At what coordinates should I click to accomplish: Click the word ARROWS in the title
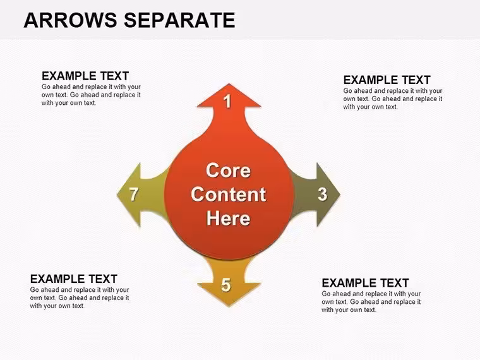click(x=70, y=20)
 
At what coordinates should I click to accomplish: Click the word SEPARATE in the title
click(x=179, y=20)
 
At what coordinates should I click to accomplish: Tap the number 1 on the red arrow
click(x=227, y=101)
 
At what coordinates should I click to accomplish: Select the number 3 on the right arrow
click(x=322, y=194)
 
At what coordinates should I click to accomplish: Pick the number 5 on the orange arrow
click(x=226, y=285)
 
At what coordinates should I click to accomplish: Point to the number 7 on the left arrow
click(x=134, y=194)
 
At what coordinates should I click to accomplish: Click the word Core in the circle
click(x=229, y=170)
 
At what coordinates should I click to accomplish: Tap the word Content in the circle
click(x=229, y=195)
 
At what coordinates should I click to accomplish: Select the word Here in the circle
click(x=229, y=219)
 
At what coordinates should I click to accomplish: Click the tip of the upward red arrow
click(x=229, y=83)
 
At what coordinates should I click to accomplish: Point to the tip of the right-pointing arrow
click(x=340, y=195)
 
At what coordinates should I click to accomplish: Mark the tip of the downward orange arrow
click(x=229, y=306)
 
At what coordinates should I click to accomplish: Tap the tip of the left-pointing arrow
click(x=117, y=195)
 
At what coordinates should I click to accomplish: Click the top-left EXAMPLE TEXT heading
click(x=85, y=76)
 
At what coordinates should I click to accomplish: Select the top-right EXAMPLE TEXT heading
click(x=387, y=80)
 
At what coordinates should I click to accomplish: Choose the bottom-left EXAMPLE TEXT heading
click(x=74, y=279)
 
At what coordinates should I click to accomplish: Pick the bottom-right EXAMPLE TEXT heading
click(x=365, y=283)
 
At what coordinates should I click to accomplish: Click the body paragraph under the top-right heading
click(x=393, y=99)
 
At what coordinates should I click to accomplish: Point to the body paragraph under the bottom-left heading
click(x=80, y=298)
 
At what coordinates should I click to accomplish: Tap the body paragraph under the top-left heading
click(x=91, y=95)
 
